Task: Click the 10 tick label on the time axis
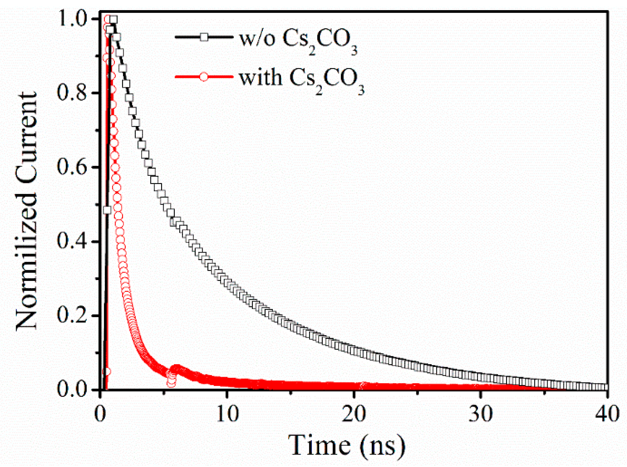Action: click(x=227, y=414)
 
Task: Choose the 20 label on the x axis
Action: click(x=354, y=414)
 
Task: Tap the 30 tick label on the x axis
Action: click(x=480, y=414)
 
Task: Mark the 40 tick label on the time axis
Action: click(x=607, y=414)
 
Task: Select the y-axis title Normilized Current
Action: click(x=26, y=211)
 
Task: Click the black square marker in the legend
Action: click(x=204, y=37)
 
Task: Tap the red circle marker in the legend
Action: click(x=204, y=77)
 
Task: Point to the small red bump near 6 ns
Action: click(x=177, y=368)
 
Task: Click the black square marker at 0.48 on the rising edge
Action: click(x=107, y=210)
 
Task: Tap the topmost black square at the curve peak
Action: click(x=113, y=20)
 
